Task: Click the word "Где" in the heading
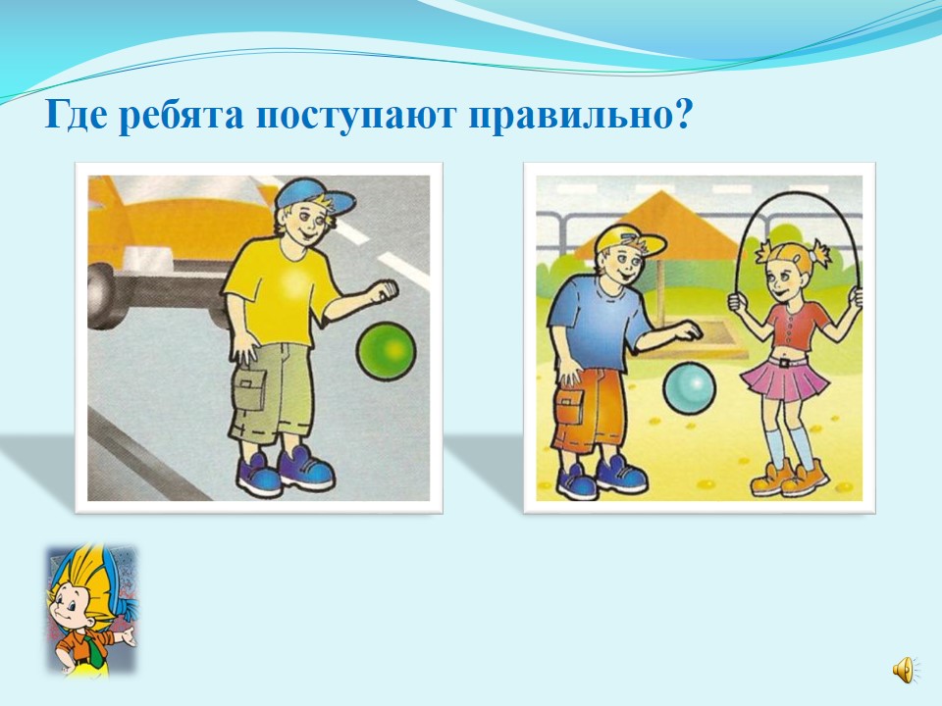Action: [79, 116]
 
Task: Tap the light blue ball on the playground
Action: [689, 388]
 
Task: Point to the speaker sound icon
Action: [904, 670]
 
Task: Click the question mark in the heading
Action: [682, 114]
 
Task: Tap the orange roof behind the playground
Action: [657, 223]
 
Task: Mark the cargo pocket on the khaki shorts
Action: [250, 389]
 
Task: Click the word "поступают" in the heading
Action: [355, 117]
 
